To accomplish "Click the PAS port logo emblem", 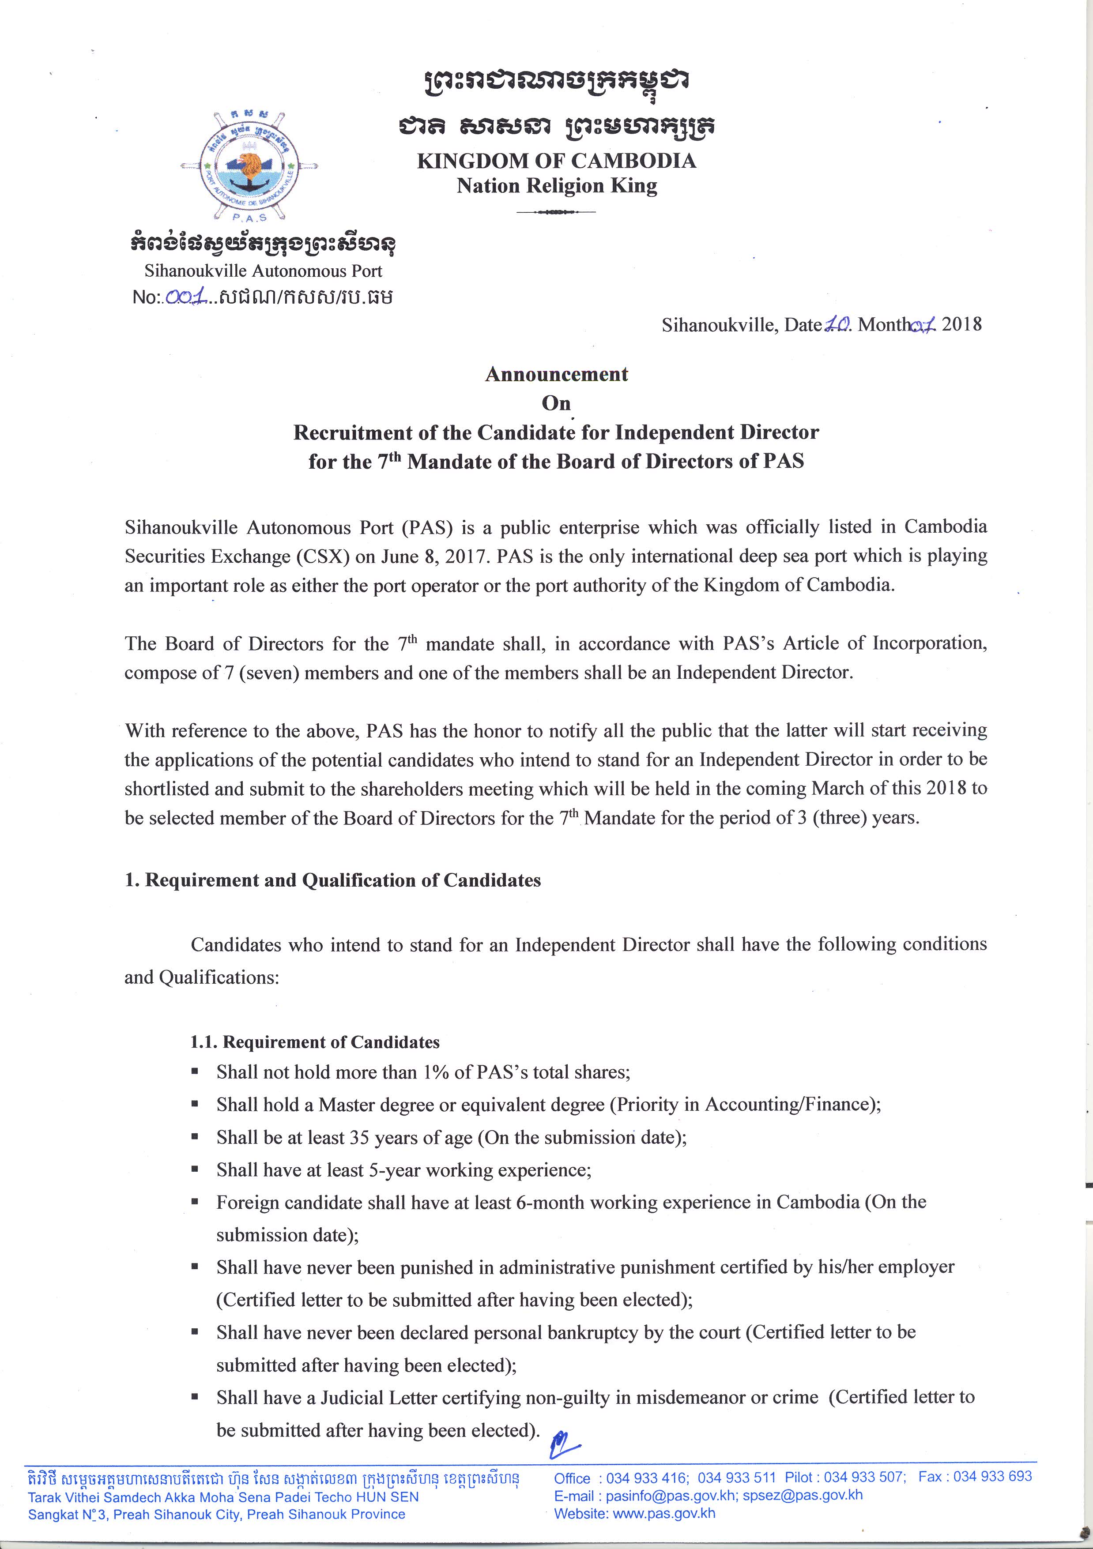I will (250, 165).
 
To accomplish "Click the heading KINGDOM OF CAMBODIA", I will (556, 161).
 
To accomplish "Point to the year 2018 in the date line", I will (961, 324).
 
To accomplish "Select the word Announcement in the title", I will (556, 374).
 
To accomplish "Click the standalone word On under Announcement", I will (556, 403).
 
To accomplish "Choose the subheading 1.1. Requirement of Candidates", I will (314, 1042).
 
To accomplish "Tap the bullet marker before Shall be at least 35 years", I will (195, 1137).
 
